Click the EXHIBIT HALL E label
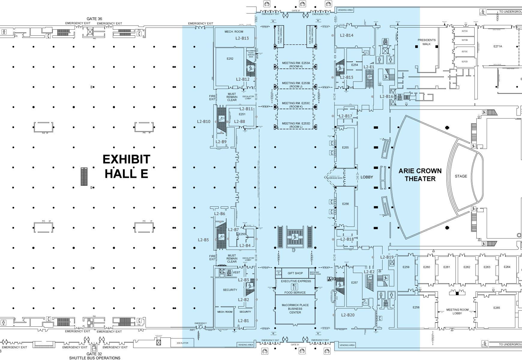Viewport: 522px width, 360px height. tap(126, 166)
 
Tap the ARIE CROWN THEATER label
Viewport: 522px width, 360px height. tap(420, 175)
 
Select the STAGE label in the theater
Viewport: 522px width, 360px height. tap(461, 176)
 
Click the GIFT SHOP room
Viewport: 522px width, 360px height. tap(295, 273)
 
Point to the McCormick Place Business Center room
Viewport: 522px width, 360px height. tap(295, 309)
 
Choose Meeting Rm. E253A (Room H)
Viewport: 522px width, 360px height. tap(296, 64)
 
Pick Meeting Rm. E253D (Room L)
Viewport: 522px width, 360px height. tap(296, 125)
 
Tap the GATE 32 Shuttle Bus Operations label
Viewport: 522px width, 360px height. tap(94, 356)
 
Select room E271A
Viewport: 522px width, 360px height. tap(498, 46)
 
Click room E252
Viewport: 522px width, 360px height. tap(230, 59)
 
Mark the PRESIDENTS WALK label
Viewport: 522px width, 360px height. tap(427, 42)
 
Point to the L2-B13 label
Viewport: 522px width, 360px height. tap(242, 38)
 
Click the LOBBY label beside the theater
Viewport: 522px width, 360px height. tap(367, 177)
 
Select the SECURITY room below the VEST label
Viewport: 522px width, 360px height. tap(230, 290)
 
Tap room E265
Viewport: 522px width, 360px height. tap(496, 308)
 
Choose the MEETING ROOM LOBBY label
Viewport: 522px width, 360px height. tap(457, 312)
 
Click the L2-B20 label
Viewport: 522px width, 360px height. tap(348, 315)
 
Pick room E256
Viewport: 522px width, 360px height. tap(345, 204)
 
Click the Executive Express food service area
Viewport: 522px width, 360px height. tap(295, 286)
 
